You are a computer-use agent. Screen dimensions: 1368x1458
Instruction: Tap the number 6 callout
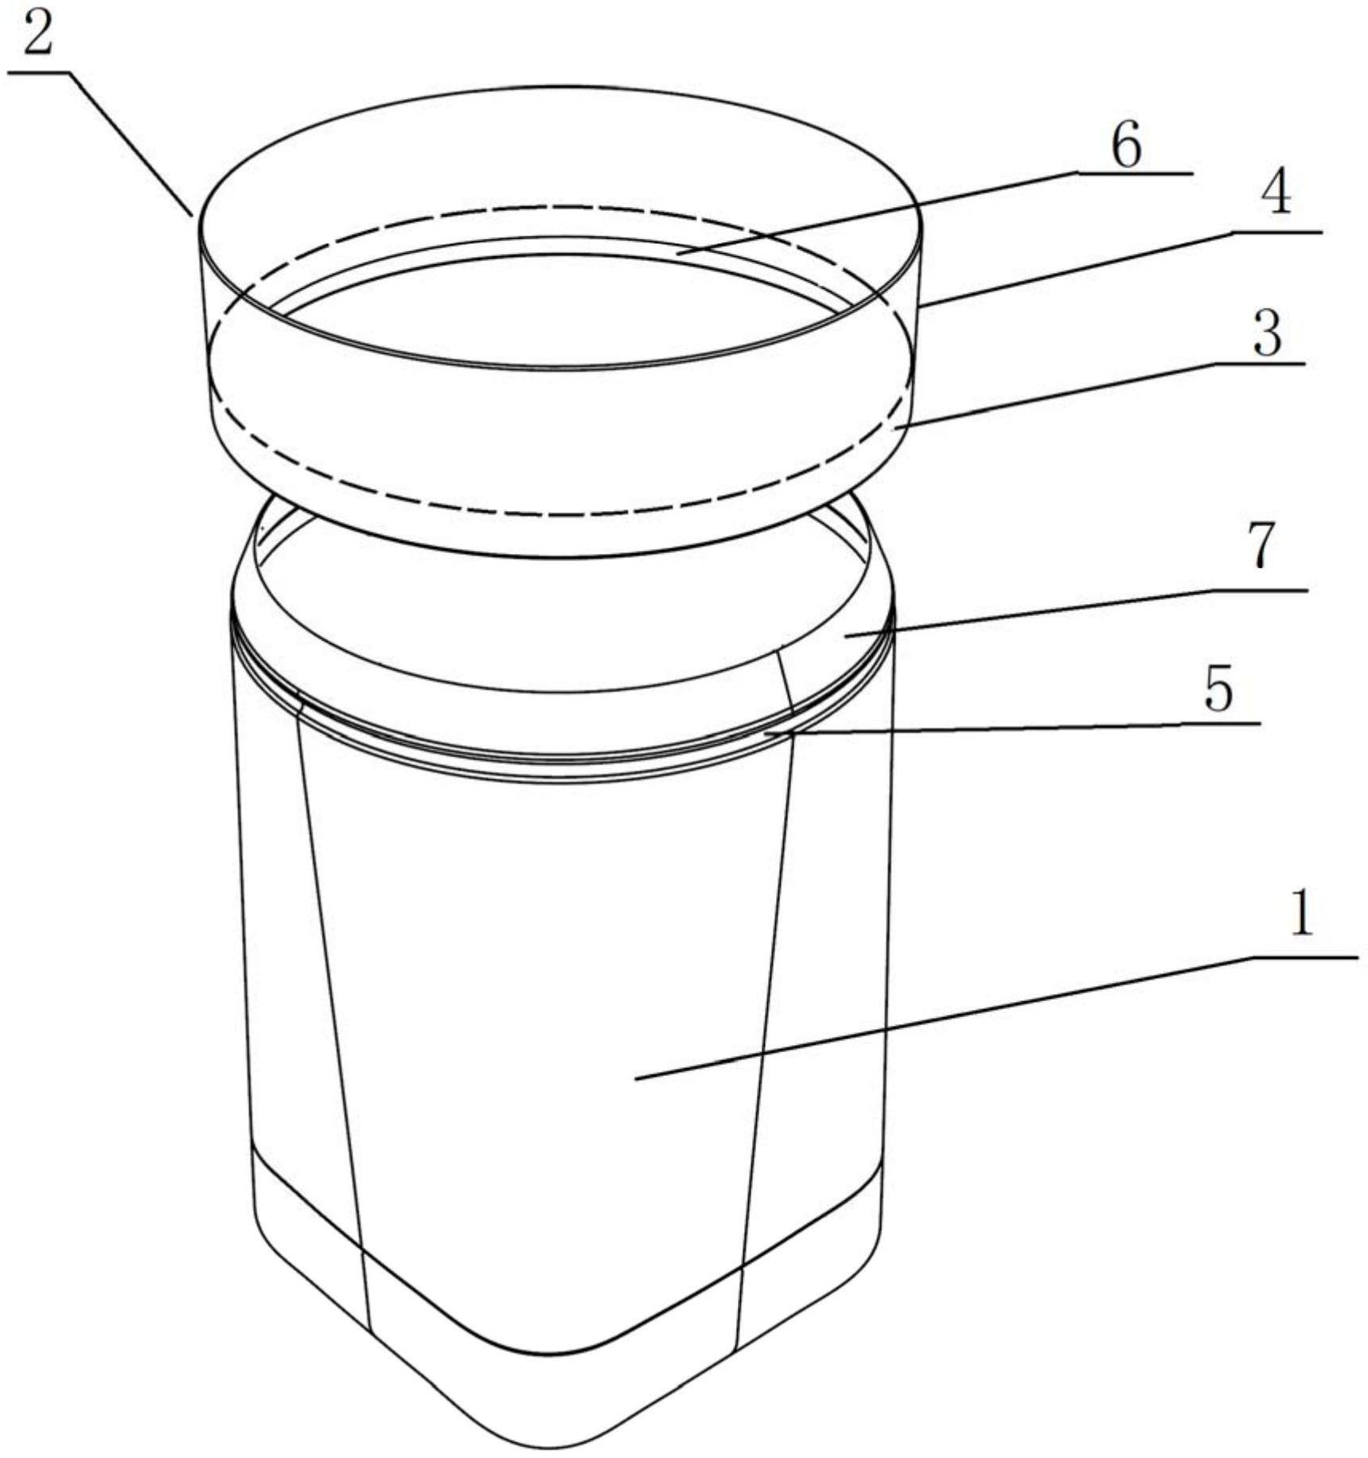click(x=1126, y=145)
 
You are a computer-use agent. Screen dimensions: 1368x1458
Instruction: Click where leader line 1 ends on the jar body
click(x=635, y=1078)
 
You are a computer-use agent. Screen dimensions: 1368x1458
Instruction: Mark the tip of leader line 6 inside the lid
click(x=678, y=251)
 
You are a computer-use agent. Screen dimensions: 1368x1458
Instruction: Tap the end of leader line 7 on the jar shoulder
click(x=845, y=635)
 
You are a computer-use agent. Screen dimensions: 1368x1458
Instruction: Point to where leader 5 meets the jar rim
click(x=766, y=733)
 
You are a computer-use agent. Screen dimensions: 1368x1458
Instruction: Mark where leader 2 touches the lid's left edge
click(x=191, y=215)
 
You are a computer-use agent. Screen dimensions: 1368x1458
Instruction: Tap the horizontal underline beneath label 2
click(x=38, y=72)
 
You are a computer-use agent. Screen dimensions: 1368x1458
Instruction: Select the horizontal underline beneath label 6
click(x=1135, y=173)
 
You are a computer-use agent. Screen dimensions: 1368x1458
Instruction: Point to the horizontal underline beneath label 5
click(x=1219, y=723)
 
